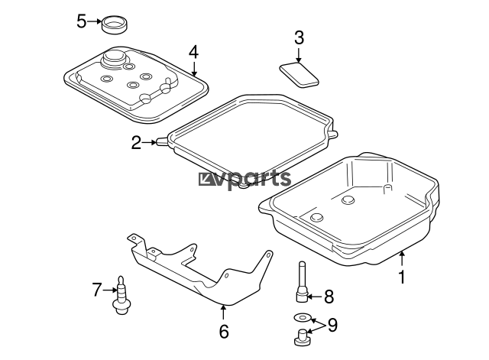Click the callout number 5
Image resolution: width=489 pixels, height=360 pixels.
(81, 21)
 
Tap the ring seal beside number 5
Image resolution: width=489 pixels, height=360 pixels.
(115, 24)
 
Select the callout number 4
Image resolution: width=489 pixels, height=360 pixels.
(193, 52)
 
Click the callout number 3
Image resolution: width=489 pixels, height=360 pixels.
(299, 37)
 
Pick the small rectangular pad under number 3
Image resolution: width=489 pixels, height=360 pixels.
(299, 75)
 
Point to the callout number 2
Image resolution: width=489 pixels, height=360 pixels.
(136, 143)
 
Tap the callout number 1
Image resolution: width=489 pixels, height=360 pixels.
(403, 277)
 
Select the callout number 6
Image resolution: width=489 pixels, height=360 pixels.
(224, 331)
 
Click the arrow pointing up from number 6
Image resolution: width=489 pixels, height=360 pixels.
(223, 313)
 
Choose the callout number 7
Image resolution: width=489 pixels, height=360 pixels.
(97, 290)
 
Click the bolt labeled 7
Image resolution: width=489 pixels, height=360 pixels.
(121, 295)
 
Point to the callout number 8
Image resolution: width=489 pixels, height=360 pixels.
(329, 297)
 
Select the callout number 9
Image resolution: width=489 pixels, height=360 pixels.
(333, 325)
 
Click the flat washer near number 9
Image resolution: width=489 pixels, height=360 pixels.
(302, 318)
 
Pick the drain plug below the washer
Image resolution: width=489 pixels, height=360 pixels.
(303, 338)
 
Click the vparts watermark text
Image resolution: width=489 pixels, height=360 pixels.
(245, 180)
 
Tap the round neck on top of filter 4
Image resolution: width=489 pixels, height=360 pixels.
(114, 58)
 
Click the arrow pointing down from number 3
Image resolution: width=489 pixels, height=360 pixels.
(299, 54)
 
